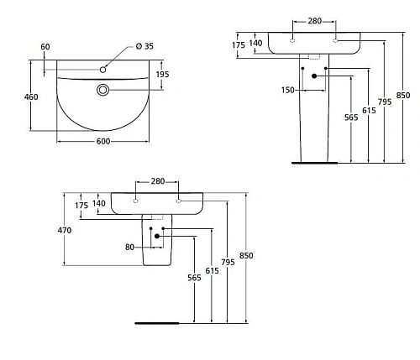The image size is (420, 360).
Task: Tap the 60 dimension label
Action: point(45,46)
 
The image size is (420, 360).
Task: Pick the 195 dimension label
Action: point(163,75)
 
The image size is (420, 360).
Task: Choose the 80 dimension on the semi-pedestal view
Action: point(131,246)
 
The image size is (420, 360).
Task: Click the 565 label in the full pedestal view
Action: point(350,117)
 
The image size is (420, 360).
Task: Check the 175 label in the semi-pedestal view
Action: point(81,204)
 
